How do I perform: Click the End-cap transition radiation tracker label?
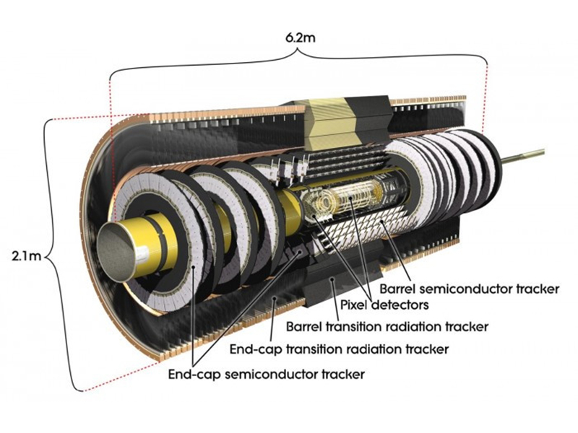pos(339,349)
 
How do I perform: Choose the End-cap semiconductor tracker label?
pos(266,375)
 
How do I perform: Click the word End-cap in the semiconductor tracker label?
pos(193,375)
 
